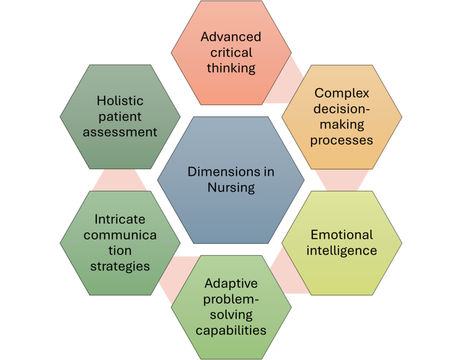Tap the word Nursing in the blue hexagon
[x=231, y=187]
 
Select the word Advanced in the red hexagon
[x=231, y=37]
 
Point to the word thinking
[x=231, y=69]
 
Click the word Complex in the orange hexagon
[x=342, y=93]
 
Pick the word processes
[x=342, y=140]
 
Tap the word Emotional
[x=342, y=235]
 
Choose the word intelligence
[x=342, y=250]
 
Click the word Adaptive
[x=231, y=283]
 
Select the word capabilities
[x=231, y=330]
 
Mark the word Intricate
[x=120, y=219]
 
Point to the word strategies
[x=120, y=266]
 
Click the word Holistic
[x=120, y=101]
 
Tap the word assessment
[x=120, y=132]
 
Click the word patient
[x=120, y=116]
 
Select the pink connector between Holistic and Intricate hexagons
[x=120, y=180]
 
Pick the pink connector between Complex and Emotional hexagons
[x=342, y=180]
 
